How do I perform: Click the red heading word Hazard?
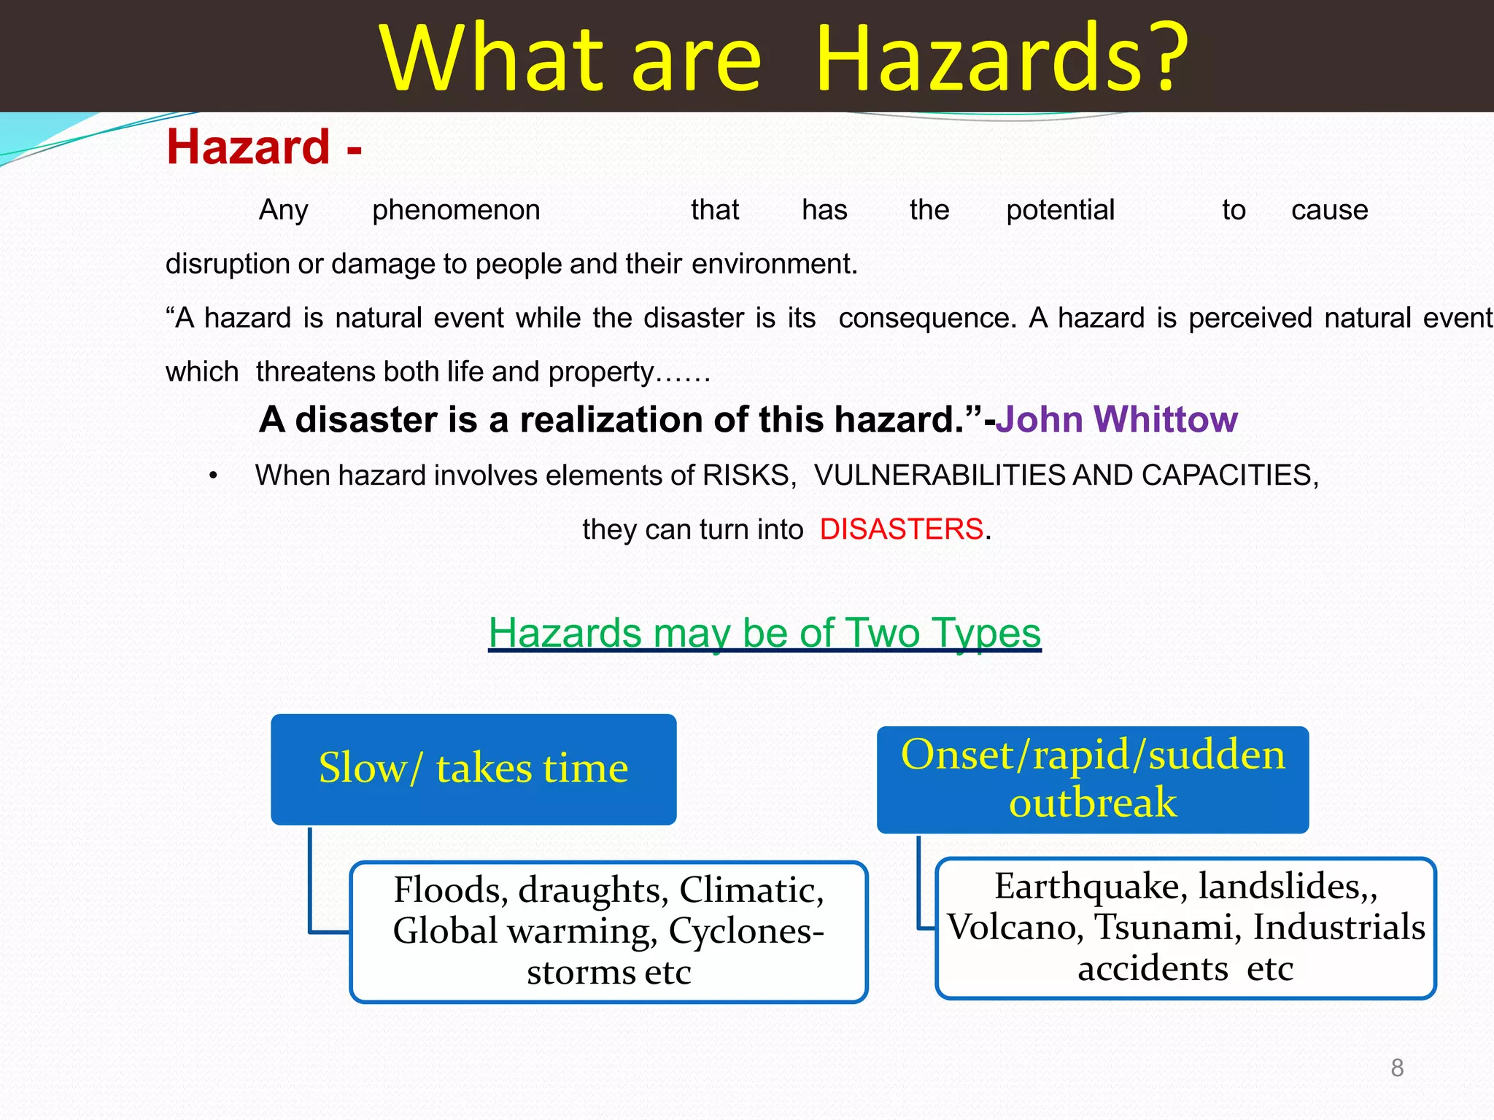248,147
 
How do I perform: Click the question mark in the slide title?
1156,58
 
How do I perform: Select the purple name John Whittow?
1116,420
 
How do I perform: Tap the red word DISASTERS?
901,529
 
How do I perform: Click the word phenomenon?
456,210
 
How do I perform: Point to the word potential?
1060,210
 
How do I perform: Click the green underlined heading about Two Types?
765,632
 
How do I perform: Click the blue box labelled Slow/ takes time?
473,769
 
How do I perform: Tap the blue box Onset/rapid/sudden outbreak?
1092,779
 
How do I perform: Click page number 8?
1396,1068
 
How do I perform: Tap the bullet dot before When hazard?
213,476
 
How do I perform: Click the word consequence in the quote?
926,318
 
